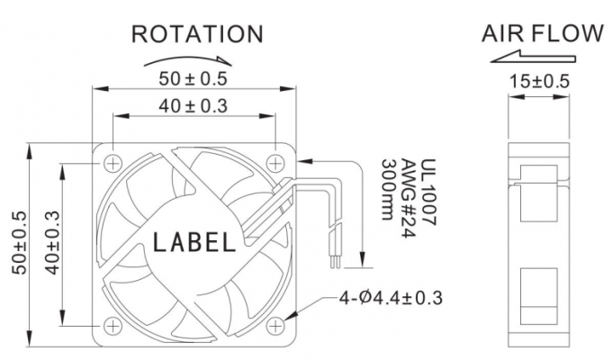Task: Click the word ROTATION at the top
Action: pos(197,34)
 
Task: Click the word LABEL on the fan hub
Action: pos(195,242)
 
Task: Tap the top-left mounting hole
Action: pos(112,163)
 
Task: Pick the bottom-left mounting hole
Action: pos(112,326)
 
